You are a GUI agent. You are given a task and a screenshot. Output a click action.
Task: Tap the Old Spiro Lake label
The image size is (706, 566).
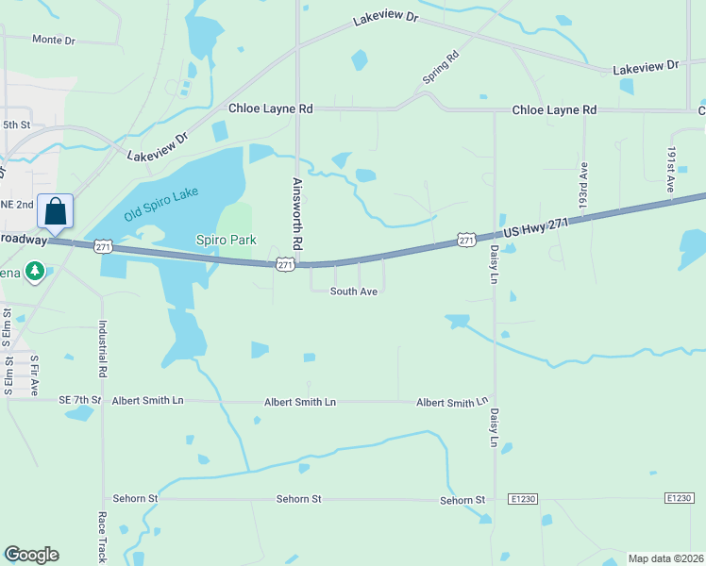pyautogui.click(x=162, y=205)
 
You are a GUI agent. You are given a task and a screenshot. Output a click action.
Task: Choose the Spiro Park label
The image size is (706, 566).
pyautogui.click(x=226, y=240)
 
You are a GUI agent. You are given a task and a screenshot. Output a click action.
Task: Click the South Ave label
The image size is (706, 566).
pyautogui.click(x=354, y=291)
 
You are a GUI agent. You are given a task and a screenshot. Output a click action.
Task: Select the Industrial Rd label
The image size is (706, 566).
pyautogui.click(x=102, y=344)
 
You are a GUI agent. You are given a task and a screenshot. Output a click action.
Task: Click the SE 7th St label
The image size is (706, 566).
pyautogui.click(x=78, y=401)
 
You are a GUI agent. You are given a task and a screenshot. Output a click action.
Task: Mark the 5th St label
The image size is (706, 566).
pyautogui.click(x=17, y=124)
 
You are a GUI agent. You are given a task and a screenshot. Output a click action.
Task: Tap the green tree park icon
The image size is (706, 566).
pyautogui.click(x=35, y=272)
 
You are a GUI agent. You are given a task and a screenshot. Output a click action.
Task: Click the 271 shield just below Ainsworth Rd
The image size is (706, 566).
pyautogui.click(x=285, y=265)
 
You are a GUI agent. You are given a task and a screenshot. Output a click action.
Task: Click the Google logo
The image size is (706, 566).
pyautogui.click(x=31, y=555)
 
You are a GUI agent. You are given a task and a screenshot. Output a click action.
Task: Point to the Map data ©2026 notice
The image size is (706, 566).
pyautogui.click(x=664, y=558)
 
